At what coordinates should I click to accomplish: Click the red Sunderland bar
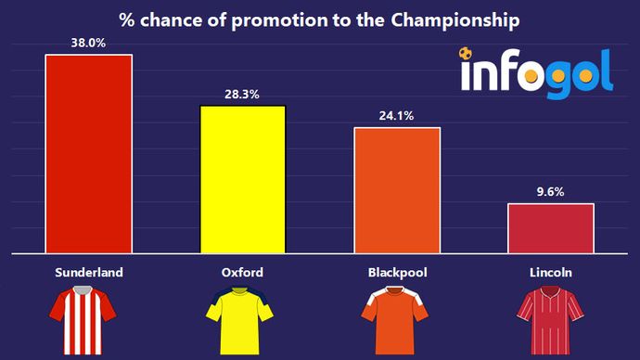tap(89, 153)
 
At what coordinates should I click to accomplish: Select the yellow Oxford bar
tap(243, 178)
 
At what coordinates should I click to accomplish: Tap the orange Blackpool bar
tap(397, 189)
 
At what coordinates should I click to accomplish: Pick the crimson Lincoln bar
tap(551, 227)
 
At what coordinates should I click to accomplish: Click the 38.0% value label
tap(89, 42)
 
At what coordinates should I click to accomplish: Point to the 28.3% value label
tap(243, 94)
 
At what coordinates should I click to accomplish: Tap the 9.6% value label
tap(551, 191)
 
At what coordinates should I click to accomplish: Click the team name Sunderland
tap(89, 273)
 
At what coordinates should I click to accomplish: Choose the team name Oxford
tap(243, 273)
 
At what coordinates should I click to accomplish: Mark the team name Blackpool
tap(397, 273)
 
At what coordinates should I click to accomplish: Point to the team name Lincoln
tap(551, 273)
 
